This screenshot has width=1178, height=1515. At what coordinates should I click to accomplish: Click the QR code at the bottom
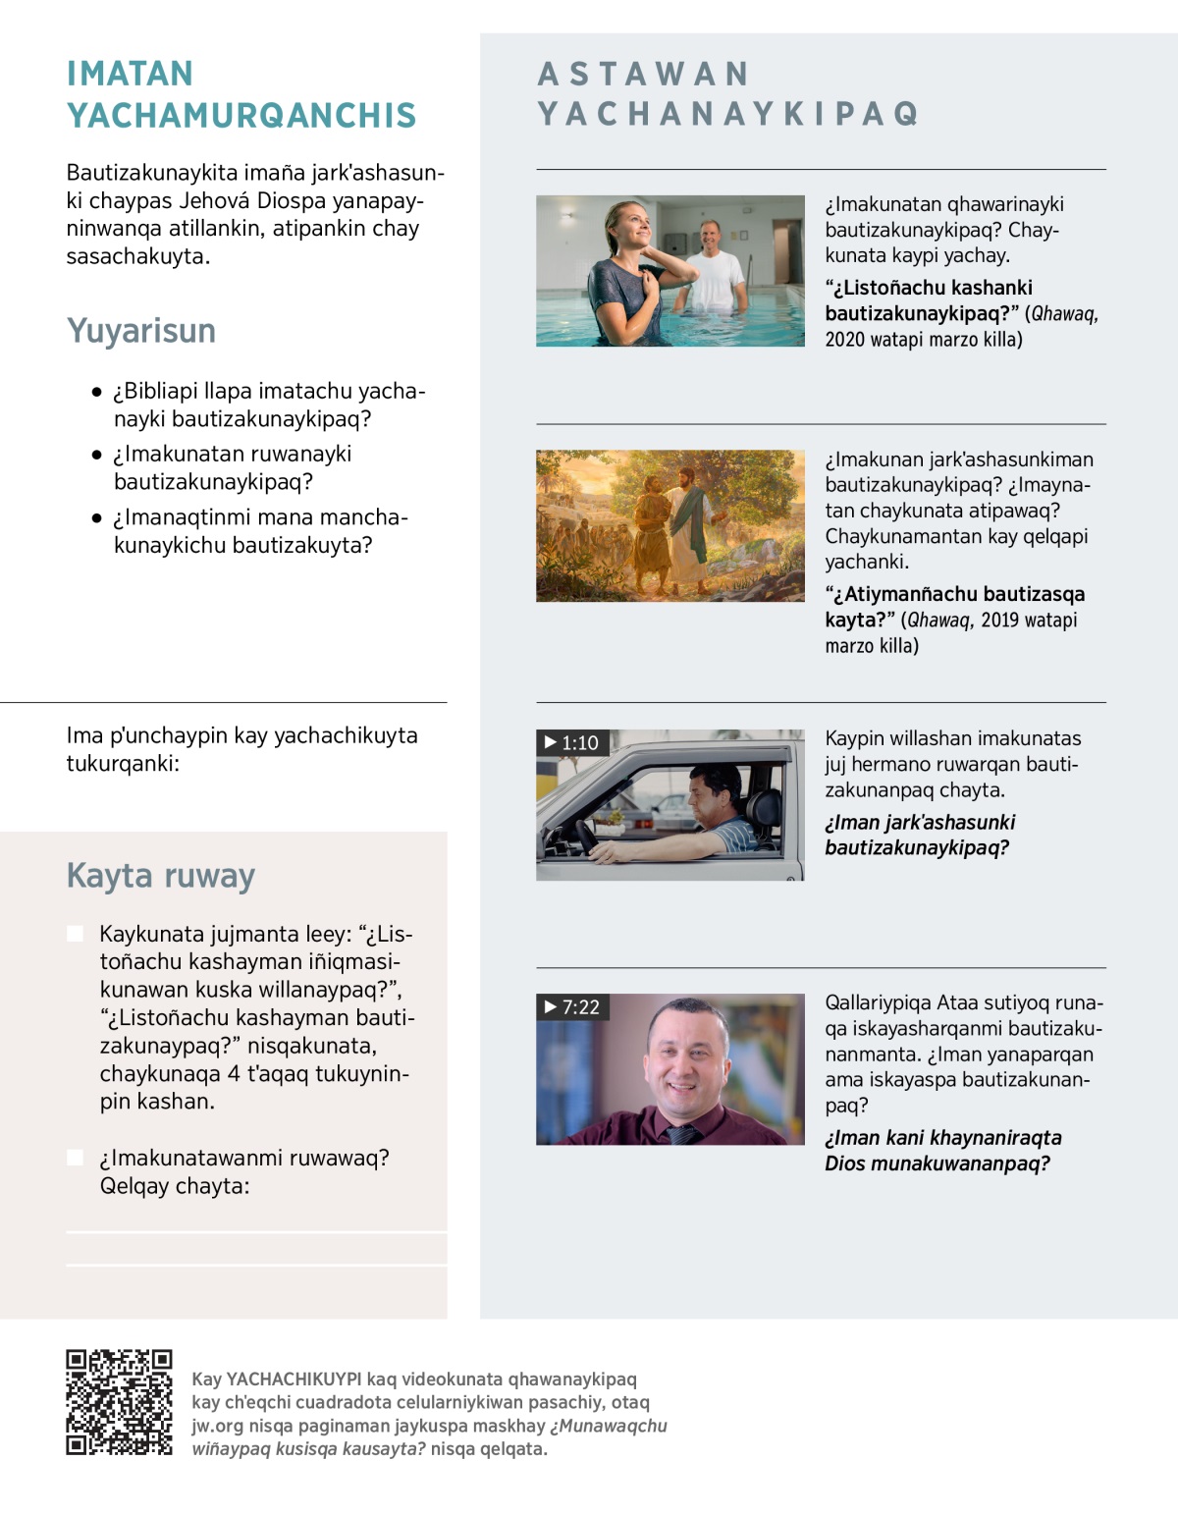tap(119, 1402)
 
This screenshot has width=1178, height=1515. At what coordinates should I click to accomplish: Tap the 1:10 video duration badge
tap(570, 743)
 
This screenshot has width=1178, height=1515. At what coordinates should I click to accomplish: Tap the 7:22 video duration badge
tap(571, 1007)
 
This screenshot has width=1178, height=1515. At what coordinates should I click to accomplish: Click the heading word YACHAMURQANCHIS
tap(241, 116)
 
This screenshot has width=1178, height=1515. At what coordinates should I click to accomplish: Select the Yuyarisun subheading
tap(141, 331)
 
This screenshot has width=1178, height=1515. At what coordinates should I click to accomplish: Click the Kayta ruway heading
tap(161, 875)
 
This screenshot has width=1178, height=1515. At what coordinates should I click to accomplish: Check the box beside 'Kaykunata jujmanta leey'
tap(75, 933)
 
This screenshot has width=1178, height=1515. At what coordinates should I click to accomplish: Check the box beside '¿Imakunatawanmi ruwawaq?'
tap(75, 1158)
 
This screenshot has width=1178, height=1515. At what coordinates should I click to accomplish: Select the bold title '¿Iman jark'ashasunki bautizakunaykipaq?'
tap(920, 835)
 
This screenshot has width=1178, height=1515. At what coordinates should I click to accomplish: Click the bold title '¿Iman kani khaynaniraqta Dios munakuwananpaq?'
tap(942, 1151)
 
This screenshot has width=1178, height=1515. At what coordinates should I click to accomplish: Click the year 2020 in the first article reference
tap(843, 340)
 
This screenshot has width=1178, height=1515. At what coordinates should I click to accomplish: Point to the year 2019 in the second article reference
tap(1000, 620)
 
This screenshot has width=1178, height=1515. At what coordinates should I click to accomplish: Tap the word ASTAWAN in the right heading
tap(644, 74)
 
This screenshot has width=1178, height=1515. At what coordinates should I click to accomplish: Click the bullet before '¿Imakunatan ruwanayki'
tap(96, 455)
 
